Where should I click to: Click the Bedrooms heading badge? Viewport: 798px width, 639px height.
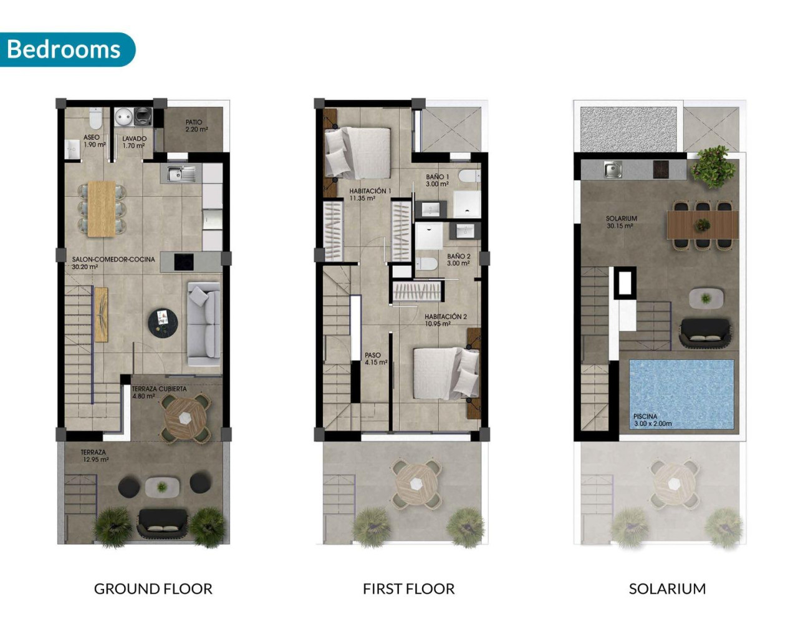(64, 49)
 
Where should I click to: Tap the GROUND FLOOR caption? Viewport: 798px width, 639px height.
(153, 588)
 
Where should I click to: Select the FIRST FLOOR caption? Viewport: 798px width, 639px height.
(408, 588)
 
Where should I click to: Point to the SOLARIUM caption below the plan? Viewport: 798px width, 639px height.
(667, 588)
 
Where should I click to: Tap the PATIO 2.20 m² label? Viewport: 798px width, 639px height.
(195, 126)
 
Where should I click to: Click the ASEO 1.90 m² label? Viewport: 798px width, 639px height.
(93, 141)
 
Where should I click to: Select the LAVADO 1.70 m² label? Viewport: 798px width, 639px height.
(134, 142)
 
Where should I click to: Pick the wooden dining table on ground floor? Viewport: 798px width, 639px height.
(101, 208)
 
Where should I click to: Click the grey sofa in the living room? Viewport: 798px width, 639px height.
(204, 324)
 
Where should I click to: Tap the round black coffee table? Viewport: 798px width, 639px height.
(163, 323)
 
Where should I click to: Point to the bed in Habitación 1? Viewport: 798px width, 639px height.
(357, 152)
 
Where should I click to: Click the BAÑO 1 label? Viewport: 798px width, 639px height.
(437, 180)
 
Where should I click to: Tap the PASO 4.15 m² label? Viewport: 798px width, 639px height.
(375, 359)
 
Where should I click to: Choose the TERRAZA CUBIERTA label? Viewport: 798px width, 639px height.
(159, 392)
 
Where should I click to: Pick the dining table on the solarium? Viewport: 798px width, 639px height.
(703, 225)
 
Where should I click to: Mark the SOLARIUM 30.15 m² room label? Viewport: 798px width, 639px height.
(621, 222)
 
